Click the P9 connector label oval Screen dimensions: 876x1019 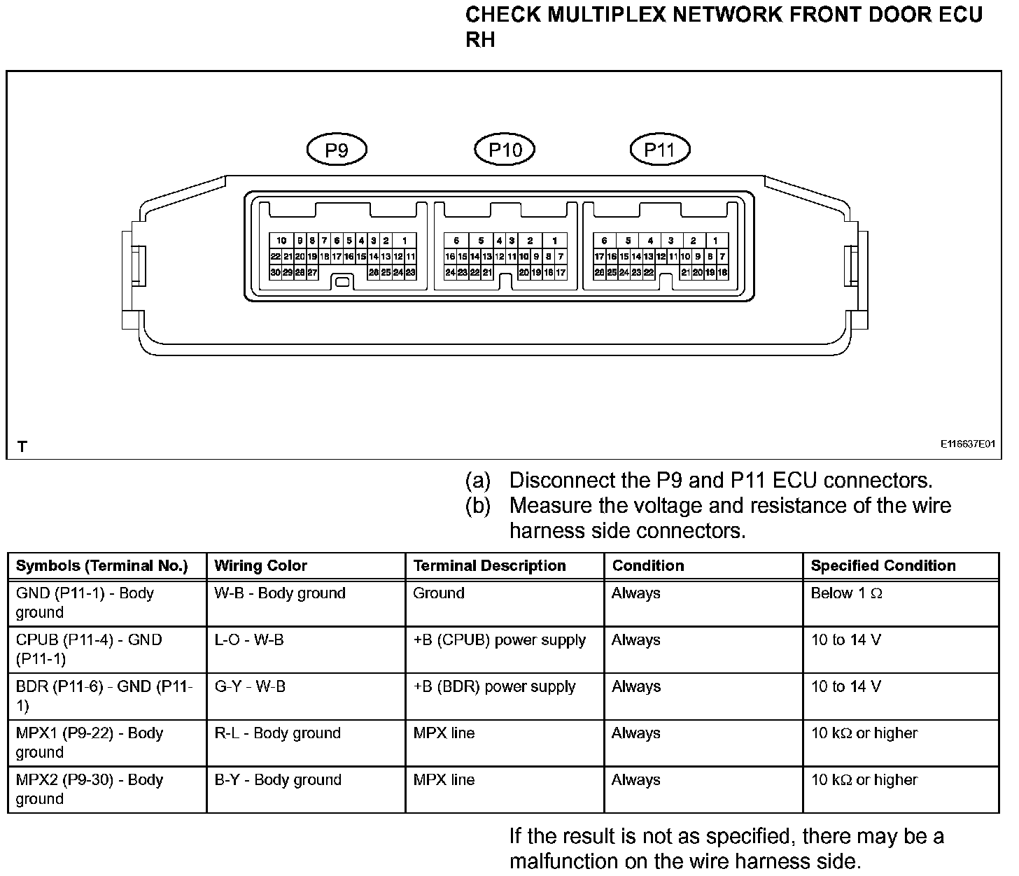click(337, 150)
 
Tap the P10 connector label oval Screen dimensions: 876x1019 click(504, 150)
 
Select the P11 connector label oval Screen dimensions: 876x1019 click(659, 150)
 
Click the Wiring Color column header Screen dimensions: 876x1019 click(260, 566)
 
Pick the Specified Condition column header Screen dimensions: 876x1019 click(883, 566)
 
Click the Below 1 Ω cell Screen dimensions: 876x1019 click(846, 593)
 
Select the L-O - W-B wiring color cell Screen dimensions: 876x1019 click(249, 640)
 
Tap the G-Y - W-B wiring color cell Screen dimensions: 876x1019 click(250, 687)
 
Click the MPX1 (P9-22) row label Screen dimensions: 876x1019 click(89, 742)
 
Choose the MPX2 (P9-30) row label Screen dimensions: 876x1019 click(89, 789)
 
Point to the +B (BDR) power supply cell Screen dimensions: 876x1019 click(494, 687)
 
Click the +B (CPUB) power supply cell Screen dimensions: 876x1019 click(499, 640)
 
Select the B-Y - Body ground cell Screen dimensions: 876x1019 click(278, 780)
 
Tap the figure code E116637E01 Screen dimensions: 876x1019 click(967, 444)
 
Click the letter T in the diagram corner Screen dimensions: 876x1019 click(23, 446)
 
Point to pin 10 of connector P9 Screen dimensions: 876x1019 click(281, 241)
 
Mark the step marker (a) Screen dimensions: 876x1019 click(478, 481)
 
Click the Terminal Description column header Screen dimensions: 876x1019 click(489, 566)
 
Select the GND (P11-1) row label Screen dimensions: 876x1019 click(85, 602)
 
